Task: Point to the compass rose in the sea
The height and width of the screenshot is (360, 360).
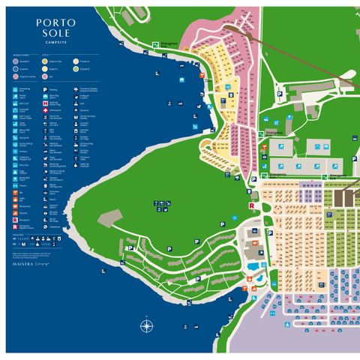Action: click(x=146, y=325)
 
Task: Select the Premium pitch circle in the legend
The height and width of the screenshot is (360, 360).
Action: click(x=76, y=61)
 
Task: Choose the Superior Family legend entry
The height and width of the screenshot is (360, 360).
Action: click(x=16, y=76)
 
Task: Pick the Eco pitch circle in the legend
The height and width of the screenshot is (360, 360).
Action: click(x=45, y=76)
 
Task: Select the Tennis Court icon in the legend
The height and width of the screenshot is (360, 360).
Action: click(x=15, y=97)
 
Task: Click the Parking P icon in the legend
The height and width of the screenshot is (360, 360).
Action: click(x=45, y=90)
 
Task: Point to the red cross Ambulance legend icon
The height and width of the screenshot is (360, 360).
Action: click(x=45, y=110)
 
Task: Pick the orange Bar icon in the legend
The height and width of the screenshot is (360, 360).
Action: click(x=15, y=193)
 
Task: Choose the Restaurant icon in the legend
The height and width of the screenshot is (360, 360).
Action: click(x=15, y=206)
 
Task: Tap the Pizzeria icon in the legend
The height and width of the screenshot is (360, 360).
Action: click(x=15, y=213)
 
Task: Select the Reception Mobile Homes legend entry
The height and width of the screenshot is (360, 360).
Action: click(x=15, y=226)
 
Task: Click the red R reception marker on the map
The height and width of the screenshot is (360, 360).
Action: click(x=251, y=204)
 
